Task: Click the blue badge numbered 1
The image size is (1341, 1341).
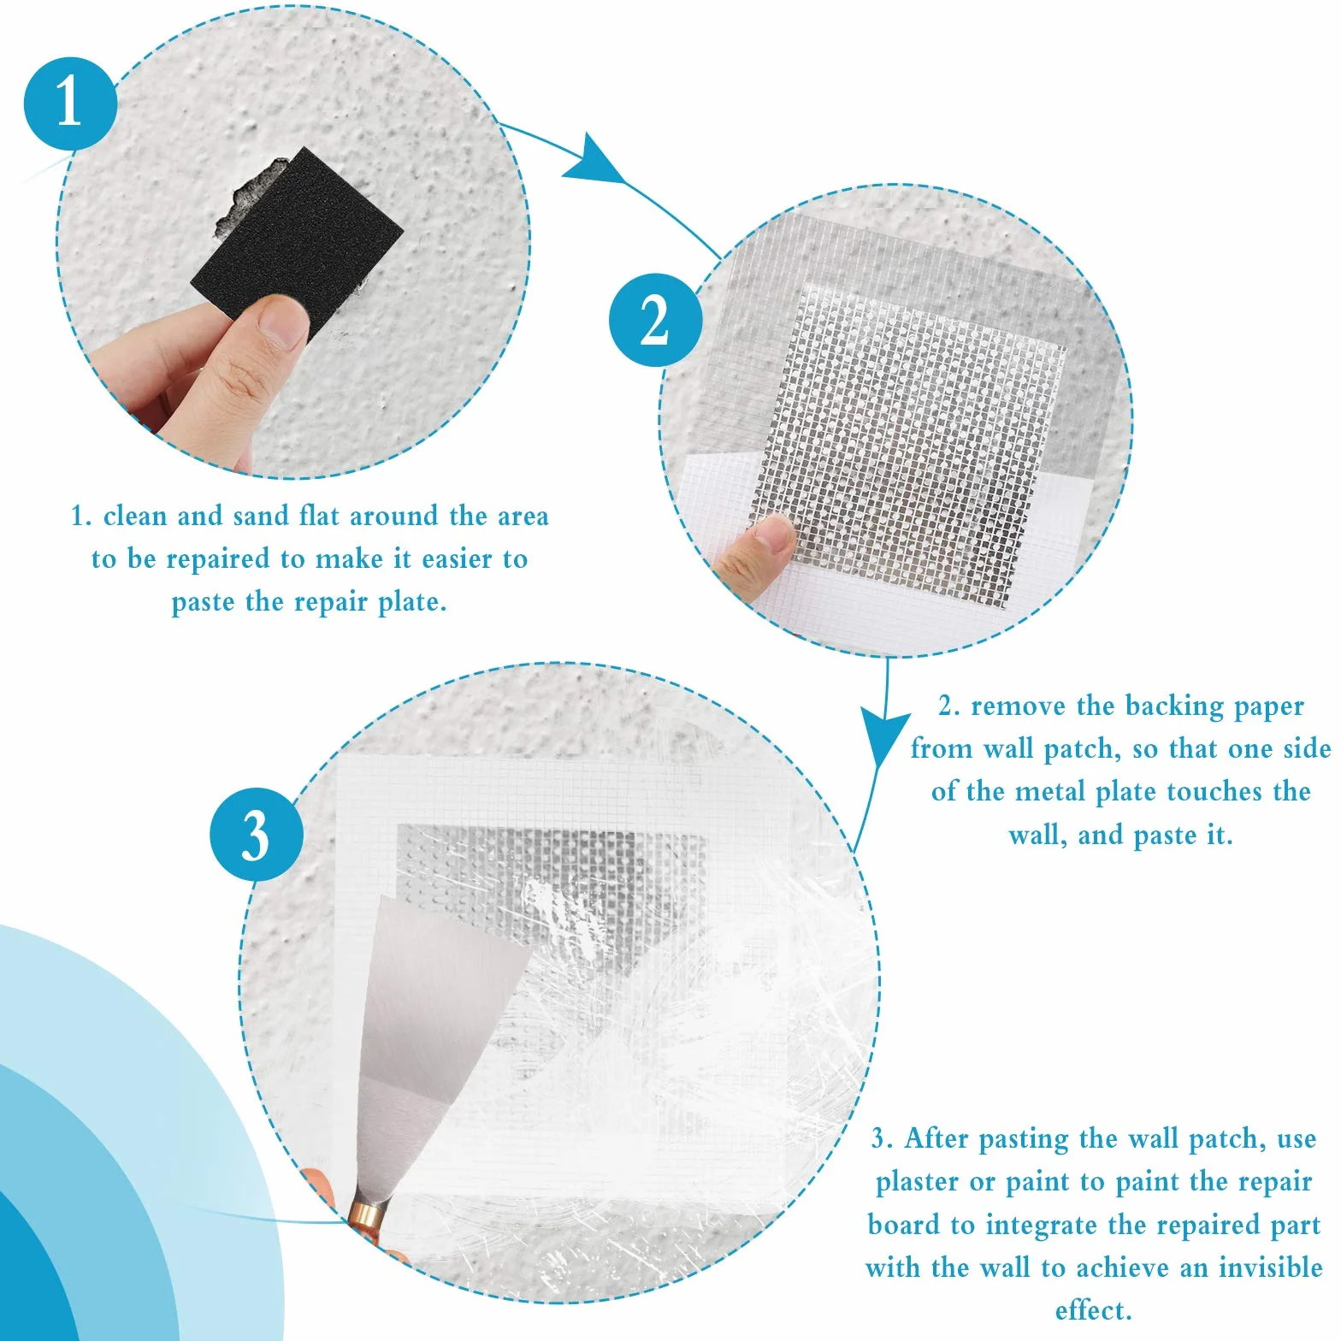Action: [70, 103]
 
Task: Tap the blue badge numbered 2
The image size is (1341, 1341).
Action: [656, 321]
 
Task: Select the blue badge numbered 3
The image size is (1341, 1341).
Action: [257, 835]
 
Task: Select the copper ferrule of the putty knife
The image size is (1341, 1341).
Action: [368, 1214]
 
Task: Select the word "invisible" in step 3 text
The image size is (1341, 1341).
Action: [1271, 1267]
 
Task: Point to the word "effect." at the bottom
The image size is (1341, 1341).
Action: [1094, 1309]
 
